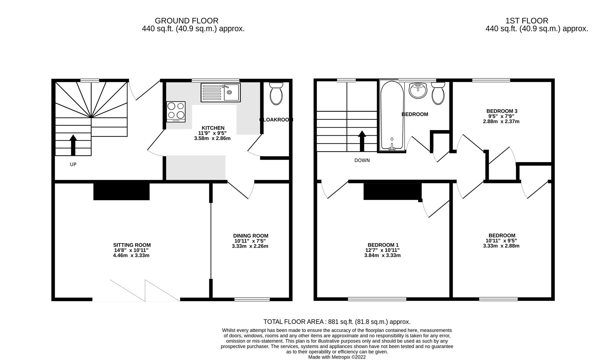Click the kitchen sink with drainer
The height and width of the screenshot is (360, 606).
click(x=220, y=93)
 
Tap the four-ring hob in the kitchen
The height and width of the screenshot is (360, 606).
click(x=176, y=111)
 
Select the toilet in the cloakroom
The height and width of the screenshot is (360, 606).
click(x=276, y=94)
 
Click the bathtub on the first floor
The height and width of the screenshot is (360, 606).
click(x=392, y=115)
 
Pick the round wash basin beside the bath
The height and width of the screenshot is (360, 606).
click(x=418, y=90)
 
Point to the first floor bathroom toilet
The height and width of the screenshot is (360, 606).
click(x=438, y=94)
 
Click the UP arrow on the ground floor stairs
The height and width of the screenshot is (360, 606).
click(x=73, y=145)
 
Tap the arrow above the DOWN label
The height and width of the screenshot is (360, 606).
click(x=362, y=140)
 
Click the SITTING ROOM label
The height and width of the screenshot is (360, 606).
click(x=132, y=245)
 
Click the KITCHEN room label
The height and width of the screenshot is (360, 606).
click(x=213, y=128)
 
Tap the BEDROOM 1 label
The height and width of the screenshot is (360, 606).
click(x=383, y=245)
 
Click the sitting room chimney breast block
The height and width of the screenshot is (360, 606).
click(x=121, y=191)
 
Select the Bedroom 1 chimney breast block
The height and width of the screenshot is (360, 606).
click(x=392, y=191)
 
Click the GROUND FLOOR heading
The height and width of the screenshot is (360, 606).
click(x=186, y=21)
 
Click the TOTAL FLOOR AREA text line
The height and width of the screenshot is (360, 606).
click(x=337, y=322)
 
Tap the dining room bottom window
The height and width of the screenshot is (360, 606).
click(x=252, y=299)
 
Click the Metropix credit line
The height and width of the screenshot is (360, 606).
click(x=337, y=357)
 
